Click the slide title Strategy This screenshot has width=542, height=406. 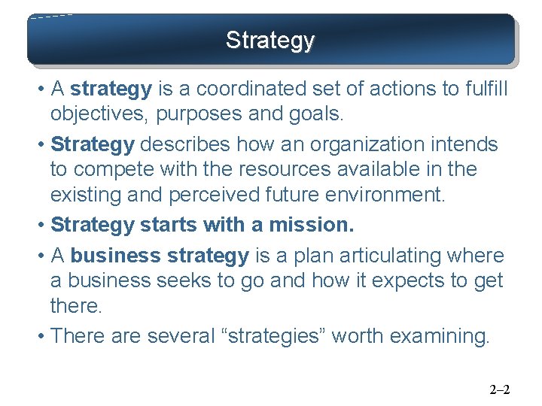point(270,40)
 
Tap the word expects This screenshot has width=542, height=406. point(392,280)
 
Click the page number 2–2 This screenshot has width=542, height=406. point(500,389)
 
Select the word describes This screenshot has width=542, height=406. point(187,144)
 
